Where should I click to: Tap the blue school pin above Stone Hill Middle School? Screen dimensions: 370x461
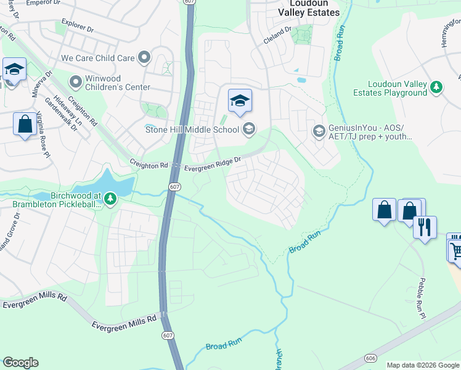pos(240,101)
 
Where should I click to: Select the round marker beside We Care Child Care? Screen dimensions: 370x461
pos(145,58)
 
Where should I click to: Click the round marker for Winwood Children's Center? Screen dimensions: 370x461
pos(76,81)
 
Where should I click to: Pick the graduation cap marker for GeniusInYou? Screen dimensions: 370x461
pos(319,131)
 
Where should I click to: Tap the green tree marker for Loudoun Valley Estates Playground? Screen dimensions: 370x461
pos(436,88)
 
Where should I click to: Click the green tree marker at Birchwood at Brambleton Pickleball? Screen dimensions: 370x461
pos(110,198)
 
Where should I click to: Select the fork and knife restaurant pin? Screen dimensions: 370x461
pos(425,227)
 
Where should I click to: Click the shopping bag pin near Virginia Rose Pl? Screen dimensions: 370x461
pos(25,124)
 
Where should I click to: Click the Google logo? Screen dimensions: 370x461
pos(20,363)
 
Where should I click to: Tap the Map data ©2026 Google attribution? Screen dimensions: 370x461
pos(422,365)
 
